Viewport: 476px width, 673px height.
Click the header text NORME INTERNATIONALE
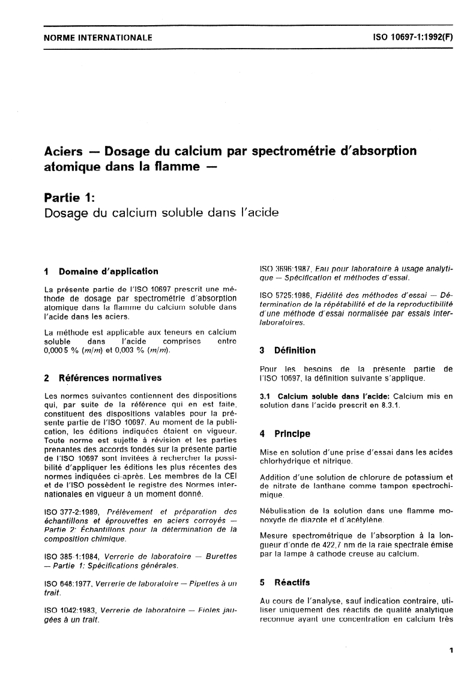98,38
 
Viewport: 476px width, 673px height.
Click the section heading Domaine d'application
108,271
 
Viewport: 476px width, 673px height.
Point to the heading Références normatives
110,378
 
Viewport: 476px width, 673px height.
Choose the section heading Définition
295,350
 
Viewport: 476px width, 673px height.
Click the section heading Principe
292,433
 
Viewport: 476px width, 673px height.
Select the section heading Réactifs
292,582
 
